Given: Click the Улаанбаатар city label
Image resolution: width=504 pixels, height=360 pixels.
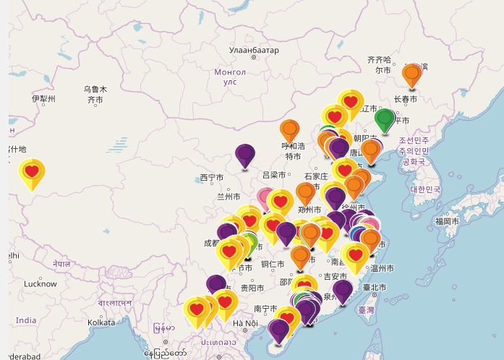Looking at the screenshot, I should tap(253, 50).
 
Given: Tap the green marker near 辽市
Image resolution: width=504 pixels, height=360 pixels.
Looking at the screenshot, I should tap(385, 119).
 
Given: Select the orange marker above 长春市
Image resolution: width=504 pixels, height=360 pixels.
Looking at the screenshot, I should tap(411, 74).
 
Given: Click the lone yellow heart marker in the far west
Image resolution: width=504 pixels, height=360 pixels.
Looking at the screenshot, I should tap(32, 171).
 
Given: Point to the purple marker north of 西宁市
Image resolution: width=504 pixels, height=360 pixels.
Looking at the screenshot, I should tap(245, 153).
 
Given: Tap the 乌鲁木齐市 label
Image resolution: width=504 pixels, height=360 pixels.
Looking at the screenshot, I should tap(95, 94).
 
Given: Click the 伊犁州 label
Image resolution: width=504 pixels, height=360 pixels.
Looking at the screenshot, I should tap(43, 98).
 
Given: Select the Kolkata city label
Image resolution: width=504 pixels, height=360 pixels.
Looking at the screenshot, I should tap(101, 322).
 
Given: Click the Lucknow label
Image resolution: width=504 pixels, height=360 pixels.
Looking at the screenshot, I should tap(40, 284).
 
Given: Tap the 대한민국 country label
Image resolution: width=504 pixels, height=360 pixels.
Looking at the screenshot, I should tap(424, 189).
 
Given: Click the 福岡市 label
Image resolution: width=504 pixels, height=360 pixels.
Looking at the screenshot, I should tap(446, 220).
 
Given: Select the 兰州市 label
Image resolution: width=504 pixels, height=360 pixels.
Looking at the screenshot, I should tap(228, 196).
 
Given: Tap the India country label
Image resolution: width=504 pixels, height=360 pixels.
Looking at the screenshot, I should tap(25, 320).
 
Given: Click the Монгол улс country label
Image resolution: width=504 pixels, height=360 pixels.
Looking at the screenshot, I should tap(230, 77).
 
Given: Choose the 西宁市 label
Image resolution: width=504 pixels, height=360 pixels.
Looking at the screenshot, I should tap(213, 178).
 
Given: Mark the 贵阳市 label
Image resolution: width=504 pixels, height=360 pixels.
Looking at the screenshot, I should tap(253, 288).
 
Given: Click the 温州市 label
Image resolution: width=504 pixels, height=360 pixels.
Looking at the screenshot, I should tap(382, 268).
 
